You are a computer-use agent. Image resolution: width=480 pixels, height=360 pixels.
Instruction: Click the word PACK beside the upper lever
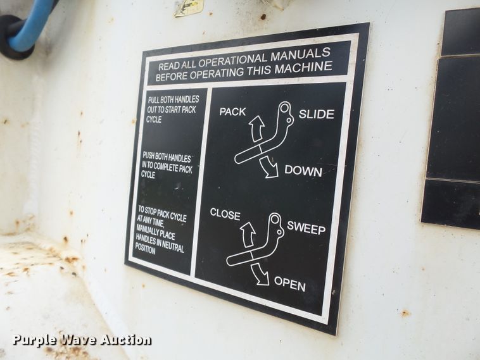coord(232,112)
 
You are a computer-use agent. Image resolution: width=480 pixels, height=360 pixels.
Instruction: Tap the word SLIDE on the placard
coord(316,115)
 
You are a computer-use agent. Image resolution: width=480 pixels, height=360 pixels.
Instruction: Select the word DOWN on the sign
coord(303,171)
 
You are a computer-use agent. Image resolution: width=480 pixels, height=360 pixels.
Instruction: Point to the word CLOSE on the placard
coord(225,214)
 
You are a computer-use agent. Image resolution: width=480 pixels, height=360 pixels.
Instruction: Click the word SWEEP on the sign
coord(306,228)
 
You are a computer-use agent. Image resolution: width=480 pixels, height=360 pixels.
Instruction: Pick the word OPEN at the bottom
coord(289,285)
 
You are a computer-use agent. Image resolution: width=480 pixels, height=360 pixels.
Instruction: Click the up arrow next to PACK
coord(256,128)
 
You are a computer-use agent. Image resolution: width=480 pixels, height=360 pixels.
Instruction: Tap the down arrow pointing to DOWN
coord(270,166)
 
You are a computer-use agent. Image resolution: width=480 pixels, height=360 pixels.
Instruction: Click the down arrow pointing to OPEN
coord(260,275)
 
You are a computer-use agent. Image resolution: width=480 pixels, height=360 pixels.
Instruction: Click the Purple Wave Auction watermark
coord(82,340)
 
